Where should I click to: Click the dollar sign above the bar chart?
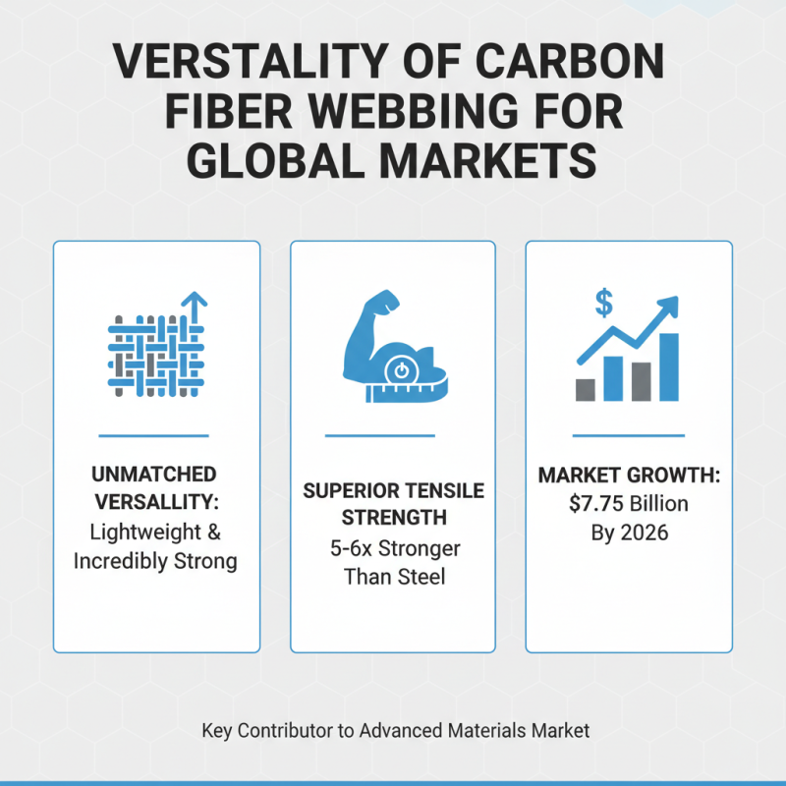[603, 304]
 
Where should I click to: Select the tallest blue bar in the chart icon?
[669, 366]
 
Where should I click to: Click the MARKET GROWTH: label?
[629, 477]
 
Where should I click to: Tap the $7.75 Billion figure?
[629, 504]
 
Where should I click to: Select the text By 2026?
[629, 533]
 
